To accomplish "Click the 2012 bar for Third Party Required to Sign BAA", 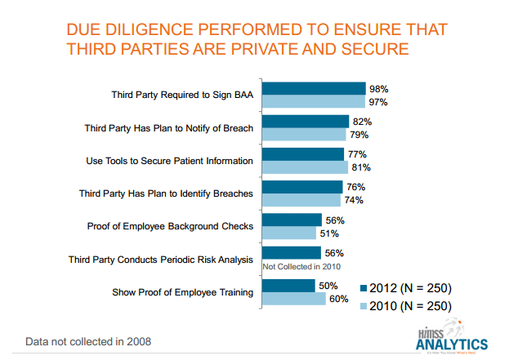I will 313,88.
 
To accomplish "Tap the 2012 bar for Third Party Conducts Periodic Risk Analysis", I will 291,253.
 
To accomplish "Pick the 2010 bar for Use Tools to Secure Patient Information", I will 304,167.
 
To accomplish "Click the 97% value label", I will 377,102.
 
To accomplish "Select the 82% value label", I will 362,122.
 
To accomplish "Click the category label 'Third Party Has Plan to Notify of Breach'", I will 169,128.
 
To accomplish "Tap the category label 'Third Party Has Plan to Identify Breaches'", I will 168,193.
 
